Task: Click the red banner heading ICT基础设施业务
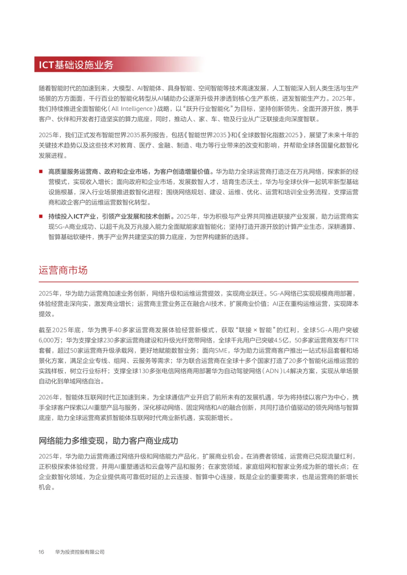coord(76,65)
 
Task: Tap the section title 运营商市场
coord(63,270)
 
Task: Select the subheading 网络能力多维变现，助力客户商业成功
coord(108,441)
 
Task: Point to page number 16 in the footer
coord(41,552)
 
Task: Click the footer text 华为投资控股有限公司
coord(80,552)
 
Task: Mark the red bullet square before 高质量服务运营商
coord(41,172)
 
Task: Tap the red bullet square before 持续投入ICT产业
coord(41,217)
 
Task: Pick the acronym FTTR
coord(352,340)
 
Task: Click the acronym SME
coord(221,351)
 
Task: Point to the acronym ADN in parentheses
coord(272,371)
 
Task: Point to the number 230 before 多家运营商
coord(109,340)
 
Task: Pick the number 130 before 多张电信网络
coord(144,371)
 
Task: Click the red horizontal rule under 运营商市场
coord(199,282)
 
